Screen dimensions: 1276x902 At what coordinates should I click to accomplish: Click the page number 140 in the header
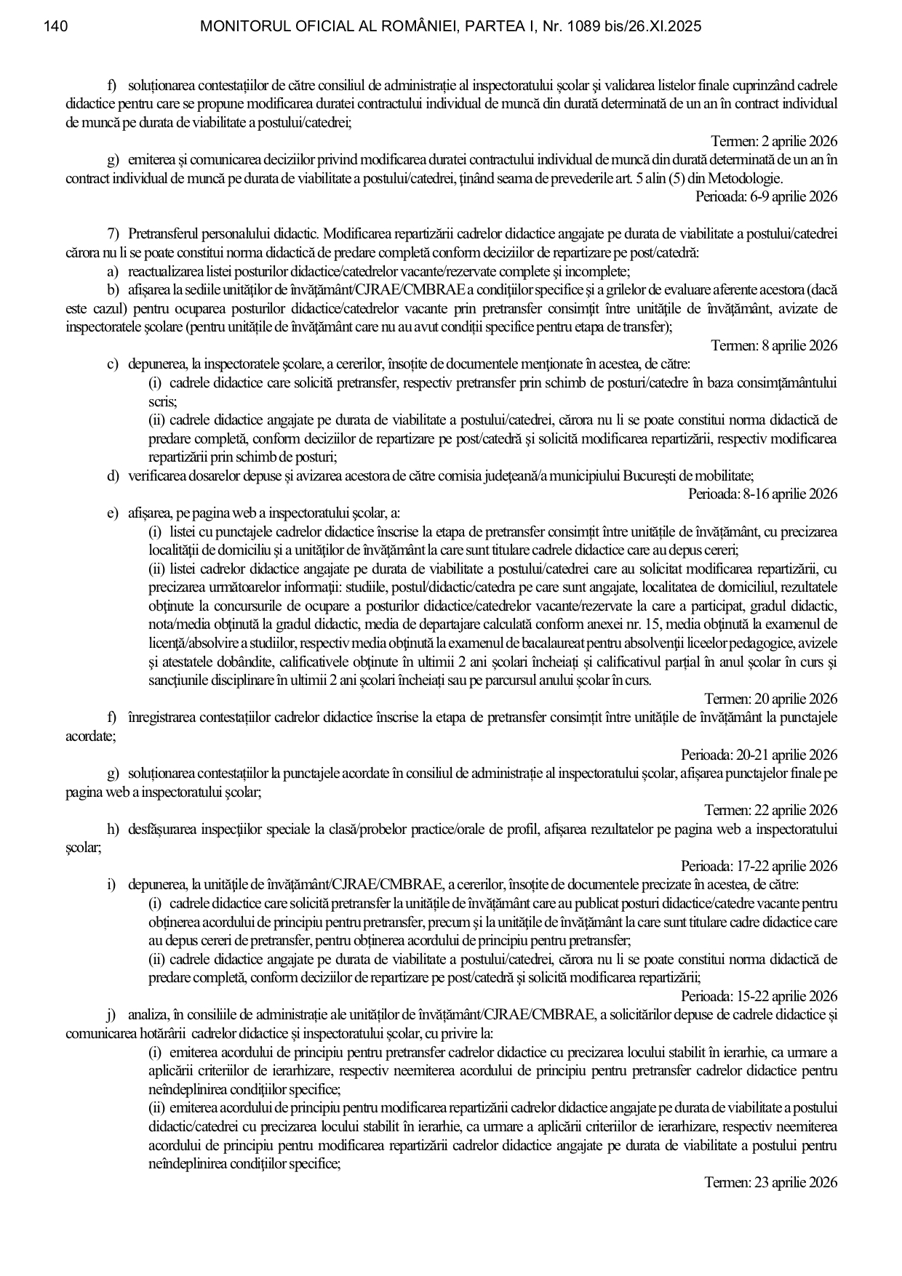pos(56,27)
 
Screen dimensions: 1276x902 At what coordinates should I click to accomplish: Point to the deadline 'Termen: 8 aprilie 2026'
pos(773,345)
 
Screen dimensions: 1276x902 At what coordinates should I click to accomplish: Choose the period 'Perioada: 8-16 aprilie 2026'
pos(762,494)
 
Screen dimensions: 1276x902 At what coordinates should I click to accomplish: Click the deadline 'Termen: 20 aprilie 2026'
pos(770,699)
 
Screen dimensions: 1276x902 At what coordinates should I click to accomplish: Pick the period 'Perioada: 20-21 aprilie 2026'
pos(759,755)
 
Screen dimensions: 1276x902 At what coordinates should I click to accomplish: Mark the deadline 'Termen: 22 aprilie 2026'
pos(770,811)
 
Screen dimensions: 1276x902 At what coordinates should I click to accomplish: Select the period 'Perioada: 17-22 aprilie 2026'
pos(759,867)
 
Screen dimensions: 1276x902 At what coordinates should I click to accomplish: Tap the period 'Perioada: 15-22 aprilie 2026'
pos(759,997)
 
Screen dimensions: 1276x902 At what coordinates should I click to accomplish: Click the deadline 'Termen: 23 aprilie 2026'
pos(770,1183)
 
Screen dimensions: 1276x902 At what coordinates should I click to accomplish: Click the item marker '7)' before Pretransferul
pos(113,234)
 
